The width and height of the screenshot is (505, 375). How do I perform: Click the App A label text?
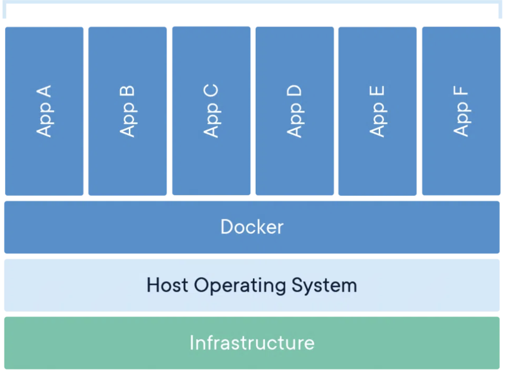coord(44,111)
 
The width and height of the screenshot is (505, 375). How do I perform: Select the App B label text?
coord(127,111)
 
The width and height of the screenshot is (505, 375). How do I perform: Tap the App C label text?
coord(211,111)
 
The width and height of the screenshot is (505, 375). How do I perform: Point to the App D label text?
coord(295,111)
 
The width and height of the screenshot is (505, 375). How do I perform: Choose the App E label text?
coord(377,111)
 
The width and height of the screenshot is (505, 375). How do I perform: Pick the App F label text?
coord(461,111)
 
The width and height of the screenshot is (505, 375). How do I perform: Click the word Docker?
coord(252,227)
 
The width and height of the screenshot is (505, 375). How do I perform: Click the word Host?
coord(167,285)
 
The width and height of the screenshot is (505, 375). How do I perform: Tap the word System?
coord(324,285)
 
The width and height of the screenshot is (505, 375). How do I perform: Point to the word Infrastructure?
coord(252,343)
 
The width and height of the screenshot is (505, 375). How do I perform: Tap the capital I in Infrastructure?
coord(192,343)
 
